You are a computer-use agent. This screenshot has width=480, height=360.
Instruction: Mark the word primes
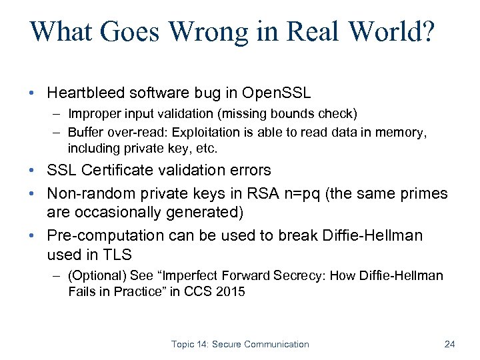click(x=424, y=194)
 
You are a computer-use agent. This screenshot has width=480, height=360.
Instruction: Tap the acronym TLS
click(x=117, y=254)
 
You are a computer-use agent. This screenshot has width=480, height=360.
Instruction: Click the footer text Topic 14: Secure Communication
click(x=240, y=344)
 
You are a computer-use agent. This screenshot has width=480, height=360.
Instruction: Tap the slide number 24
click(x=449, y=344)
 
